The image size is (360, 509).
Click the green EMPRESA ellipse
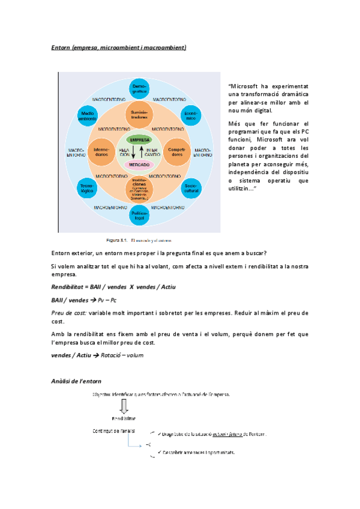[x=140, y=139]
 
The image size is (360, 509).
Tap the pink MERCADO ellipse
[x=140, y=164]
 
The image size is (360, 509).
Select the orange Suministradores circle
[x=140, y=115]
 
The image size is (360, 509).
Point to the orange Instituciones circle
[x=140, y=187]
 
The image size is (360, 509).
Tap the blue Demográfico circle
[x=140, y=89]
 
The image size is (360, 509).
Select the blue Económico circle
[x=191, y=116]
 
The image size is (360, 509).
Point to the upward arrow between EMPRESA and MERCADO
[x=142, y=151]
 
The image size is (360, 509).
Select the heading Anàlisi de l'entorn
[x=76, y=381]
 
